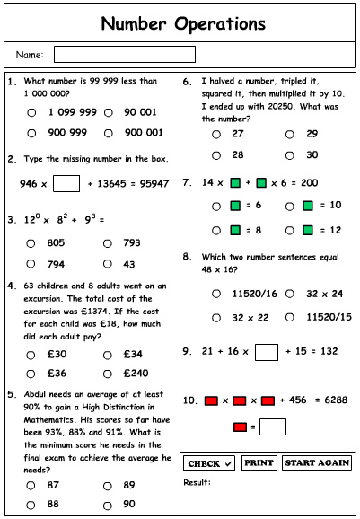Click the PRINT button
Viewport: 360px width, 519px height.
pos(259,463)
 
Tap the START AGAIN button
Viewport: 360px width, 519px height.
pos(316,463)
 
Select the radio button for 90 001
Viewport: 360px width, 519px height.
pos(109,113)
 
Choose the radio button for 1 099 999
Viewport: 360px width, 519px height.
pos(31,113)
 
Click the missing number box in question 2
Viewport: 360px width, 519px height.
pos(66,184)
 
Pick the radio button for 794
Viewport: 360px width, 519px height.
pos(31,264)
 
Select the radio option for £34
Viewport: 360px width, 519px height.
pos(109,354)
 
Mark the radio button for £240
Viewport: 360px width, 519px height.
pos(109,374)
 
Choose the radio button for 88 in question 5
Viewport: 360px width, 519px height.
pos(31,505)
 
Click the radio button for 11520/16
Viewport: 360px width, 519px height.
pos(216,294)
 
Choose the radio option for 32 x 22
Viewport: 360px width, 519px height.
pos(216,317)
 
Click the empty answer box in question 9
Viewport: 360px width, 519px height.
pos(266,352)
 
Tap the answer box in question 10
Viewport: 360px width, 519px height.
pos(273,427)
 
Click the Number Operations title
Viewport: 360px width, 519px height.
pos(182,22)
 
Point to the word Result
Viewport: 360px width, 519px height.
pos(197,482)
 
